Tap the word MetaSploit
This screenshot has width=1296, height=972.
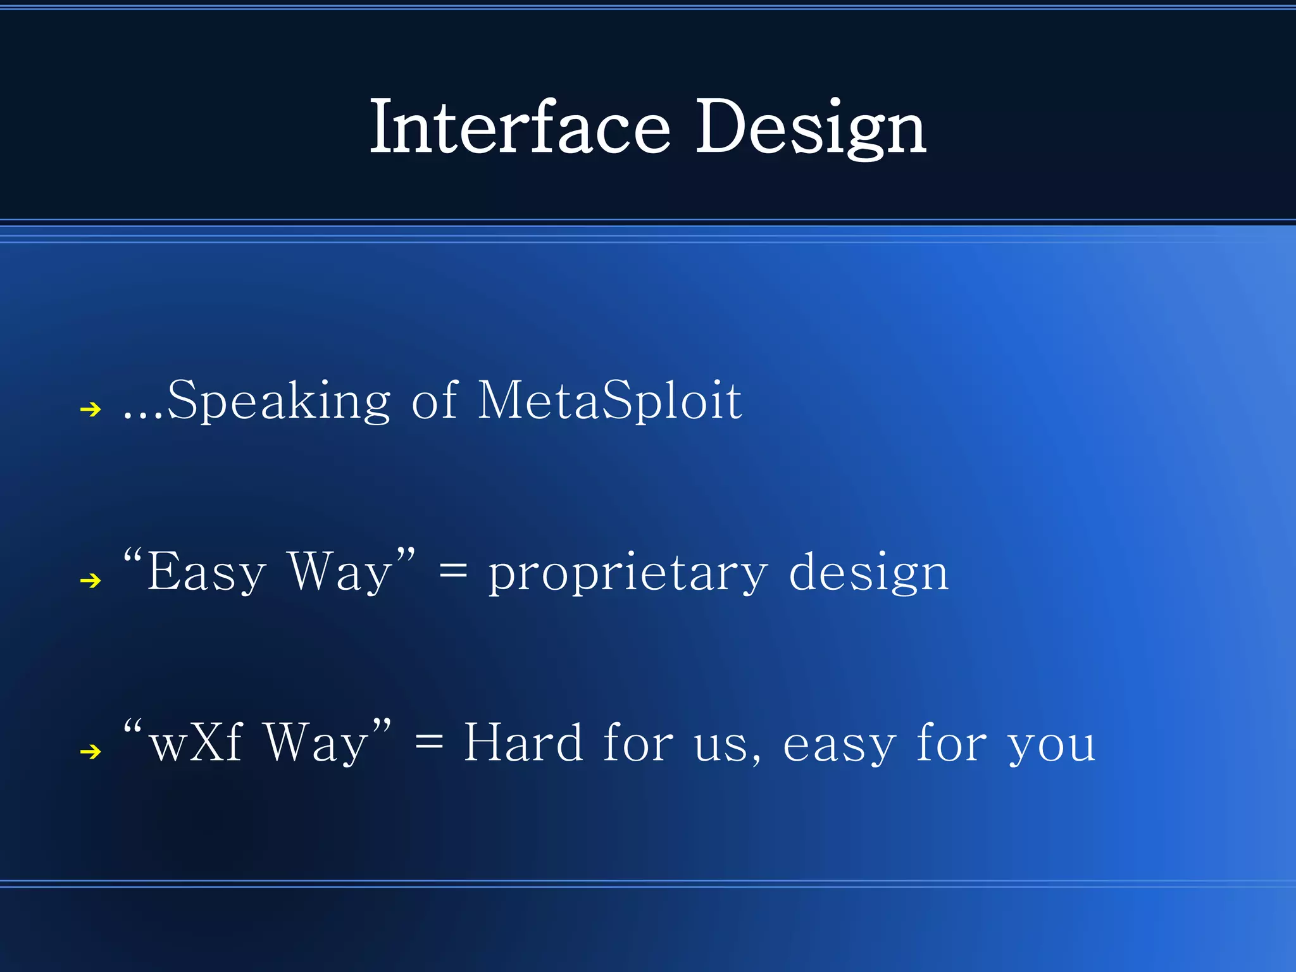pyautogui.click(x=609, y=401)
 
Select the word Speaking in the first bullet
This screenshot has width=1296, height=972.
pyautogui.click(x=279, y=401)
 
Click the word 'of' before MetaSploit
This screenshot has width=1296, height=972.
pyautogui.click(x=434, y=401)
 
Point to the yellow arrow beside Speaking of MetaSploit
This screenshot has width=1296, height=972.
pyautogui.click(x=91, y=409)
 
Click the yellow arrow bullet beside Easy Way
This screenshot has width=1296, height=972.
pyautogui.click(x=91, y=580)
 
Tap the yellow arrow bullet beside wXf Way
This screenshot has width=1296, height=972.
pyautogui.click(x=91, y=751)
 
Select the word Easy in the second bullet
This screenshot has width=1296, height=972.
pyautogui.click(x=206, y=573)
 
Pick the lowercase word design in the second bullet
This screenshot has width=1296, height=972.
pyautogui.click(x=868, y=573)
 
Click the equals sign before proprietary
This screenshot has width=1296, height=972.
pyautogui.click(x=453, y=573)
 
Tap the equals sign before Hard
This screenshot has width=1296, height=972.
pyautogui.click(x=429, y=744)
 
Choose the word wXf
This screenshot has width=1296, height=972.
pyautogui.click(x=196, y=742)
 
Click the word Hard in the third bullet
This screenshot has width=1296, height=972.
pyautogui.click(x=523, y=742)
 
